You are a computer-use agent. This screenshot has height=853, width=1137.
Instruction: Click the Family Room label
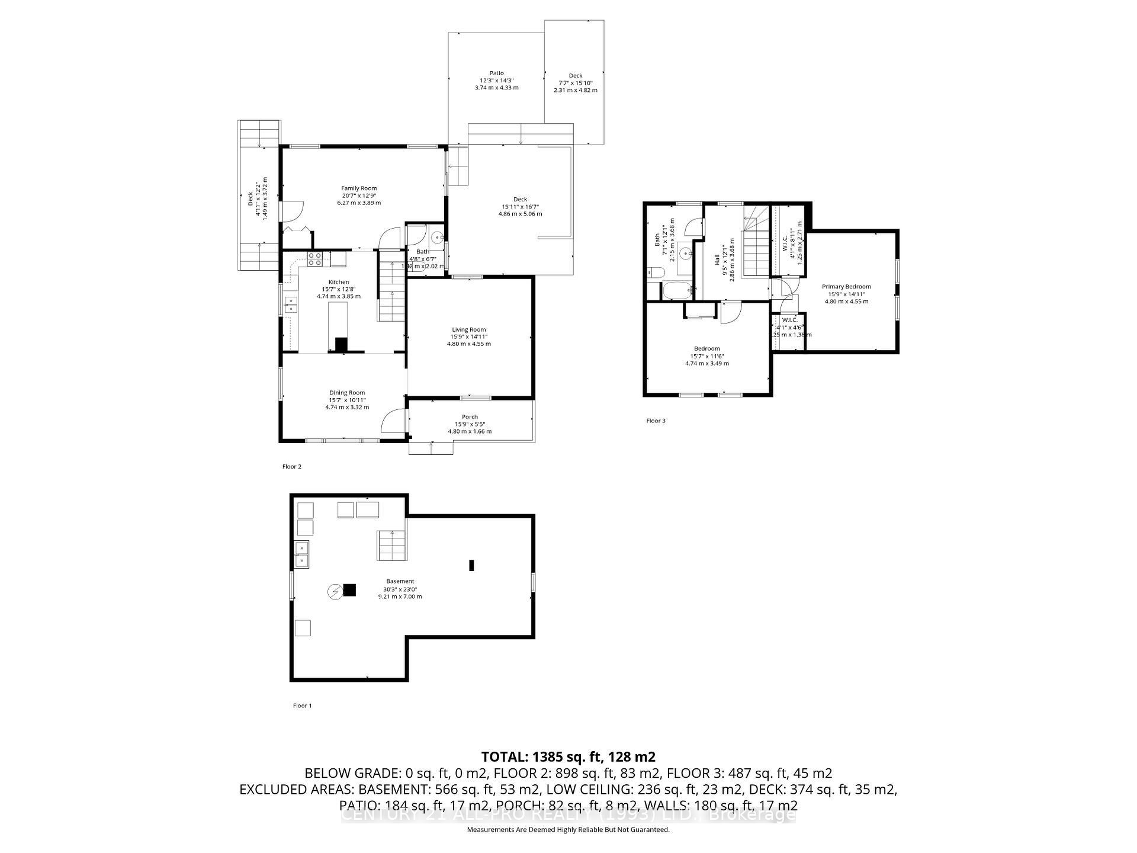point(359,188)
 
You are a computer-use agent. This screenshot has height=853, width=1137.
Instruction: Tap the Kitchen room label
point(339,282)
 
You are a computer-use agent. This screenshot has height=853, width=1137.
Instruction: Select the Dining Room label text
point(347,393)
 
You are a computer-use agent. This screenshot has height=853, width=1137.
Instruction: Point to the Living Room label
point(468,329)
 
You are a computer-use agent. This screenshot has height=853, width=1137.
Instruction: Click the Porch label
point(470,417)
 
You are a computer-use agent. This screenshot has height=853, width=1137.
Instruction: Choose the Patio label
point(496,73)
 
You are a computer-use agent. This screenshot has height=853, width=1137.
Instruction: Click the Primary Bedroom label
point(846,287)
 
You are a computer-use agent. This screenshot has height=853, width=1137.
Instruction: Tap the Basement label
point(400,581)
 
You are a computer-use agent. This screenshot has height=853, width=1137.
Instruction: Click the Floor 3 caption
point(656,421)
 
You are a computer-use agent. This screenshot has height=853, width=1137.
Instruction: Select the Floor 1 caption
point(302,706)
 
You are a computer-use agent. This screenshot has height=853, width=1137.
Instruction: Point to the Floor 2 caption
point(291,467)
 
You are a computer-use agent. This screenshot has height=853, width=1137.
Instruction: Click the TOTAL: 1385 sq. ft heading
point(568,756)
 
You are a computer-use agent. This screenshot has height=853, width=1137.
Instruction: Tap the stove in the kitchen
point(314,259)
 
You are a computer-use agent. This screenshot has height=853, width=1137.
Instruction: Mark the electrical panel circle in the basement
point(335,591)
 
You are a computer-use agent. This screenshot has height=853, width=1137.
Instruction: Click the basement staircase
point(391,545)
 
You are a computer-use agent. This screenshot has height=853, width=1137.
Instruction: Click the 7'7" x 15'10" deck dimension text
point(575,83)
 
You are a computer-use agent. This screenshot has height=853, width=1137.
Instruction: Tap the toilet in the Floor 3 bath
point(655,274)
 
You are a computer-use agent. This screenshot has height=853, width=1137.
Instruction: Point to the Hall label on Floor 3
point(717,259)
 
